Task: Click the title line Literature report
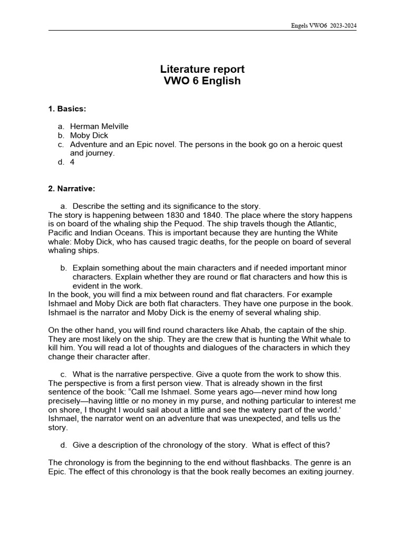coord(202,70)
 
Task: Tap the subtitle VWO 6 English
coord(202,81)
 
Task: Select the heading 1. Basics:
coord(67,109)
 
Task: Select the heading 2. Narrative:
coord(72,188)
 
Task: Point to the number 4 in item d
coord(72,162)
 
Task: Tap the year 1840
coord(209,215)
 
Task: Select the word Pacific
coord(61,233)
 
